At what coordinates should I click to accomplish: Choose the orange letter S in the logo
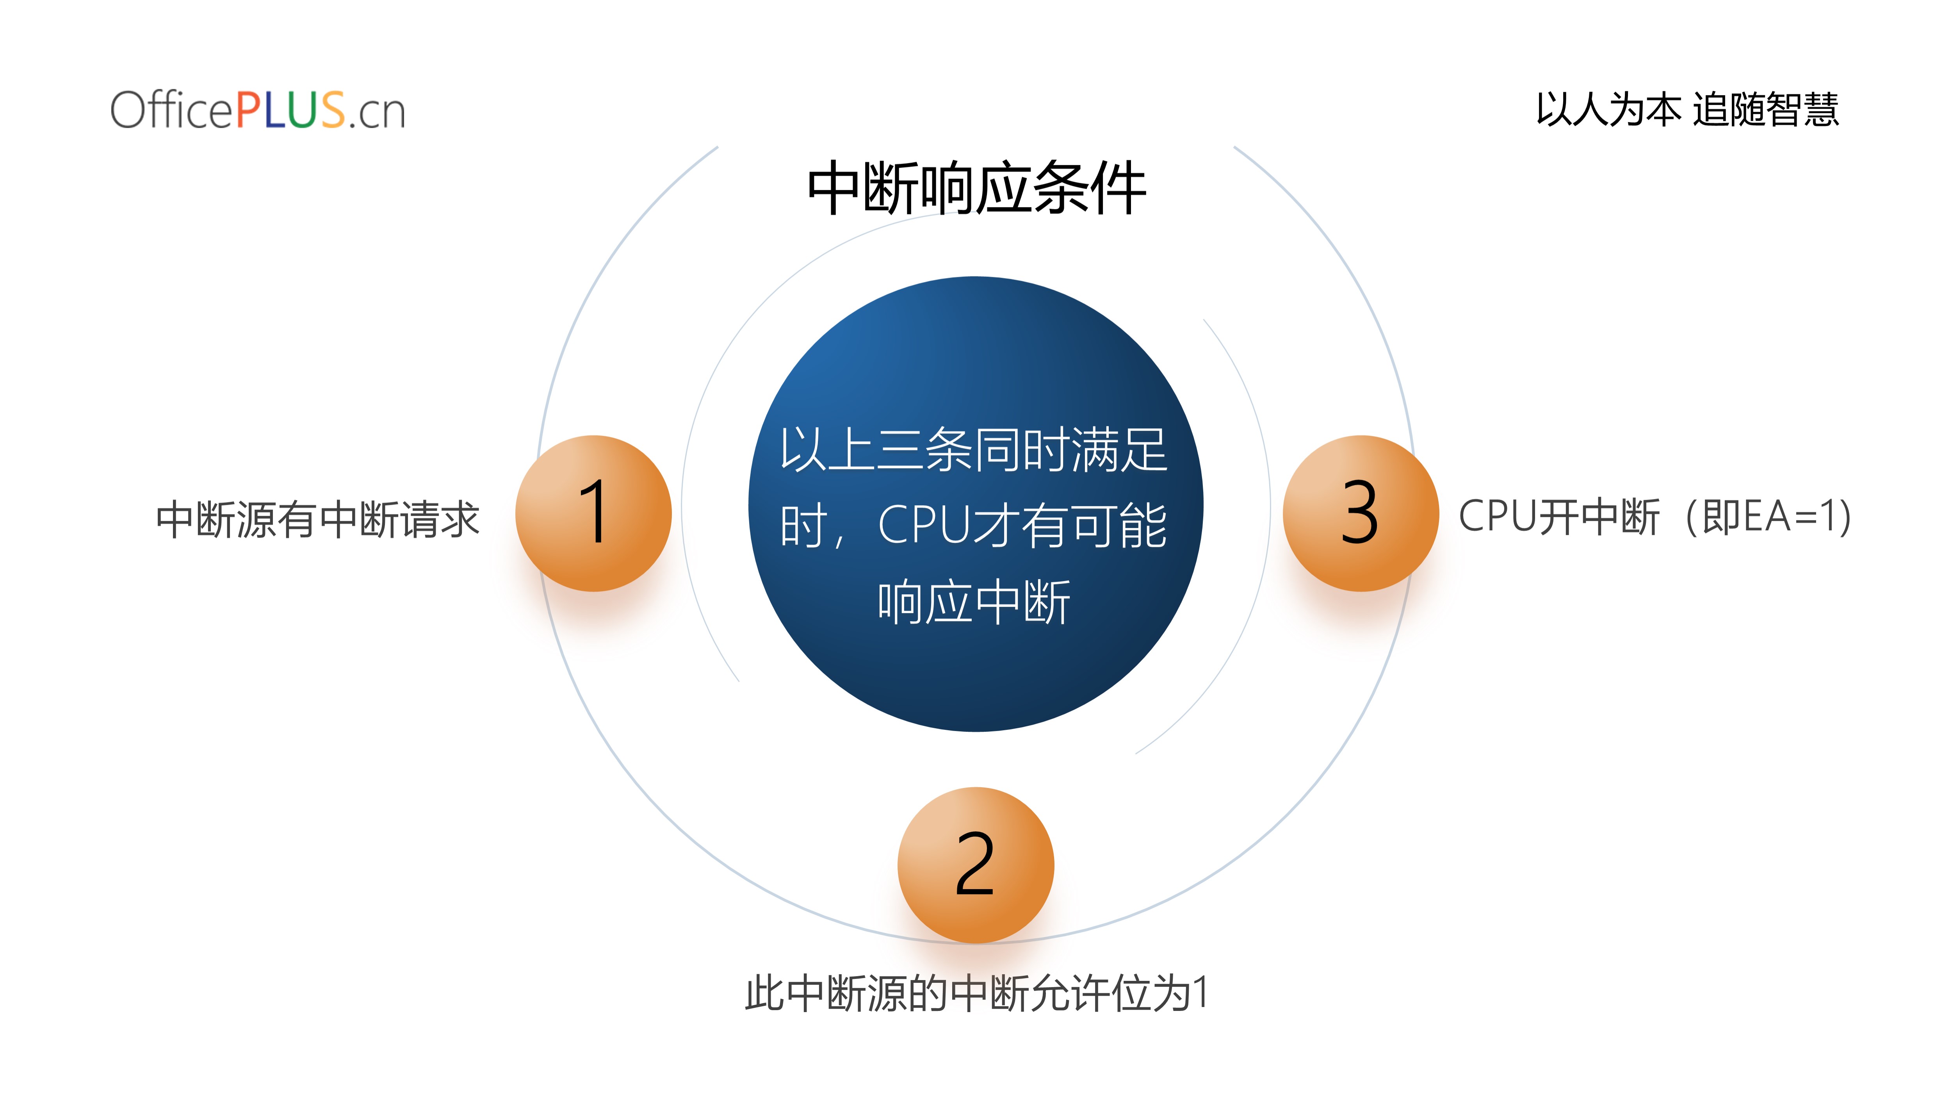tap(333, 110)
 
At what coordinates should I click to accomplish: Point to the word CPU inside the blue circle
tap(924, 524)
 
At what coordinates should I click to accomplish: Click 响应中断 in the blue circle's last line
tap(974, 602)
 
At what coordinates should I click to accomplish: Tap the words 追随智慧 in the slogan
tap(1766, 109)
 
